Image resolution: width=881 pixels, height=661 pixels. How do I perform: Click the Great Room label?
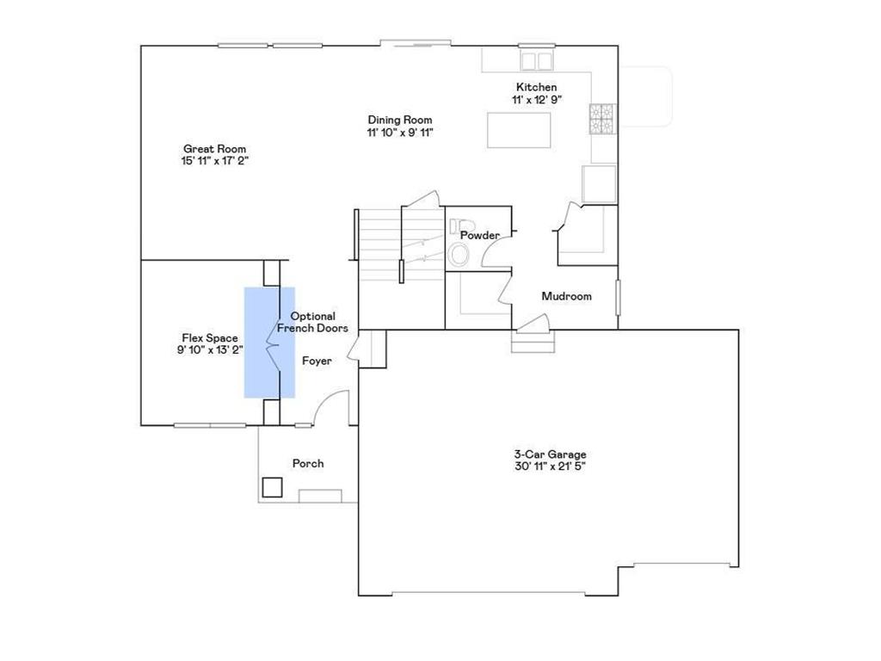(x=214, y=149)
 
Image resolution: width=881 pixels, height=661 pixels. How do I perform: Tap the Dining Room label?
(x=400, y=120)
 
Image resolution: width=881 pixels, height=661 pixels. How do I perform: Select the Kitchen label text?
(x=536, y=87)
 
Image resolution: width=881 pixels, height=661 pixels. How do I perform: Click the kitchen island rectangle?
(x=520, y=130)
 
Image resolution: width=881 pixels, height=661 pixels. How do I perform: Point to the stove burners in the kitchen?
(x=601, y=119)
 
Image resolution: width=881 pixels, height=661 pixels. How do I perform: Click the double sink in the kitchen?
(x=537, y=60)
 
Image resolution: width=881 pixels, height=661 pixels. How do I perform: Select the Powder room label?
(x=479, y=235)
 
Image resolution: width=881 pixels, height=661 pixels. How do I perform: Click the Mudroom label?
(x=566, y=296)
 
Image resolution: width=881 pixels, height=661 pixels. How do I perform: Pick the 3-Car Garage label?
(x=550, y=454)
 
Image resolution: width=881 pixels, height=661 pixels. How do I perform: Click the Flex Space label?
(x=209, y=338)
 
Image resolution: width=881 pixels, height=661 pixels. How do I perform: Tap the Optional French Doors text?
(x=312, y=322)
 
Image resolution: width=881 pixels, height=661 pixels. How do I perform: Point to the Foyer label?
(x=317, y=361)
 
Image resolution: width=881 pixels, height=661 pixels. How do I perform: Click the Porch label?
(x=308, y=463)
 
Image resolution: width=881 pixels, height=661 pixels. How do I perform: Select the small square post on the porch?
(x=273, y=487)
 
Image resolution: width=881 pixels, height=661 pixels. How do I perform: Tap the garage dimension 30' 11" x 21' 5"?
(x=550, y=466)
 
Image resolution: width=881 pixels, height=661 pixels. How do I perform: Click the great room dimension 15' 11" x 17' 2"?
(x=214, y=161)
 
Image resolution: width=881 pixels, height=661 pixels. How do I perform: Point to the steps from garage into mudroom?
(x=530, y=344)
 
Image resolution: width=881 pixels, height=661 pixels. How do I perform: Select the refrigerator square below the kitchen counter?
(x=600, y=183)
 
